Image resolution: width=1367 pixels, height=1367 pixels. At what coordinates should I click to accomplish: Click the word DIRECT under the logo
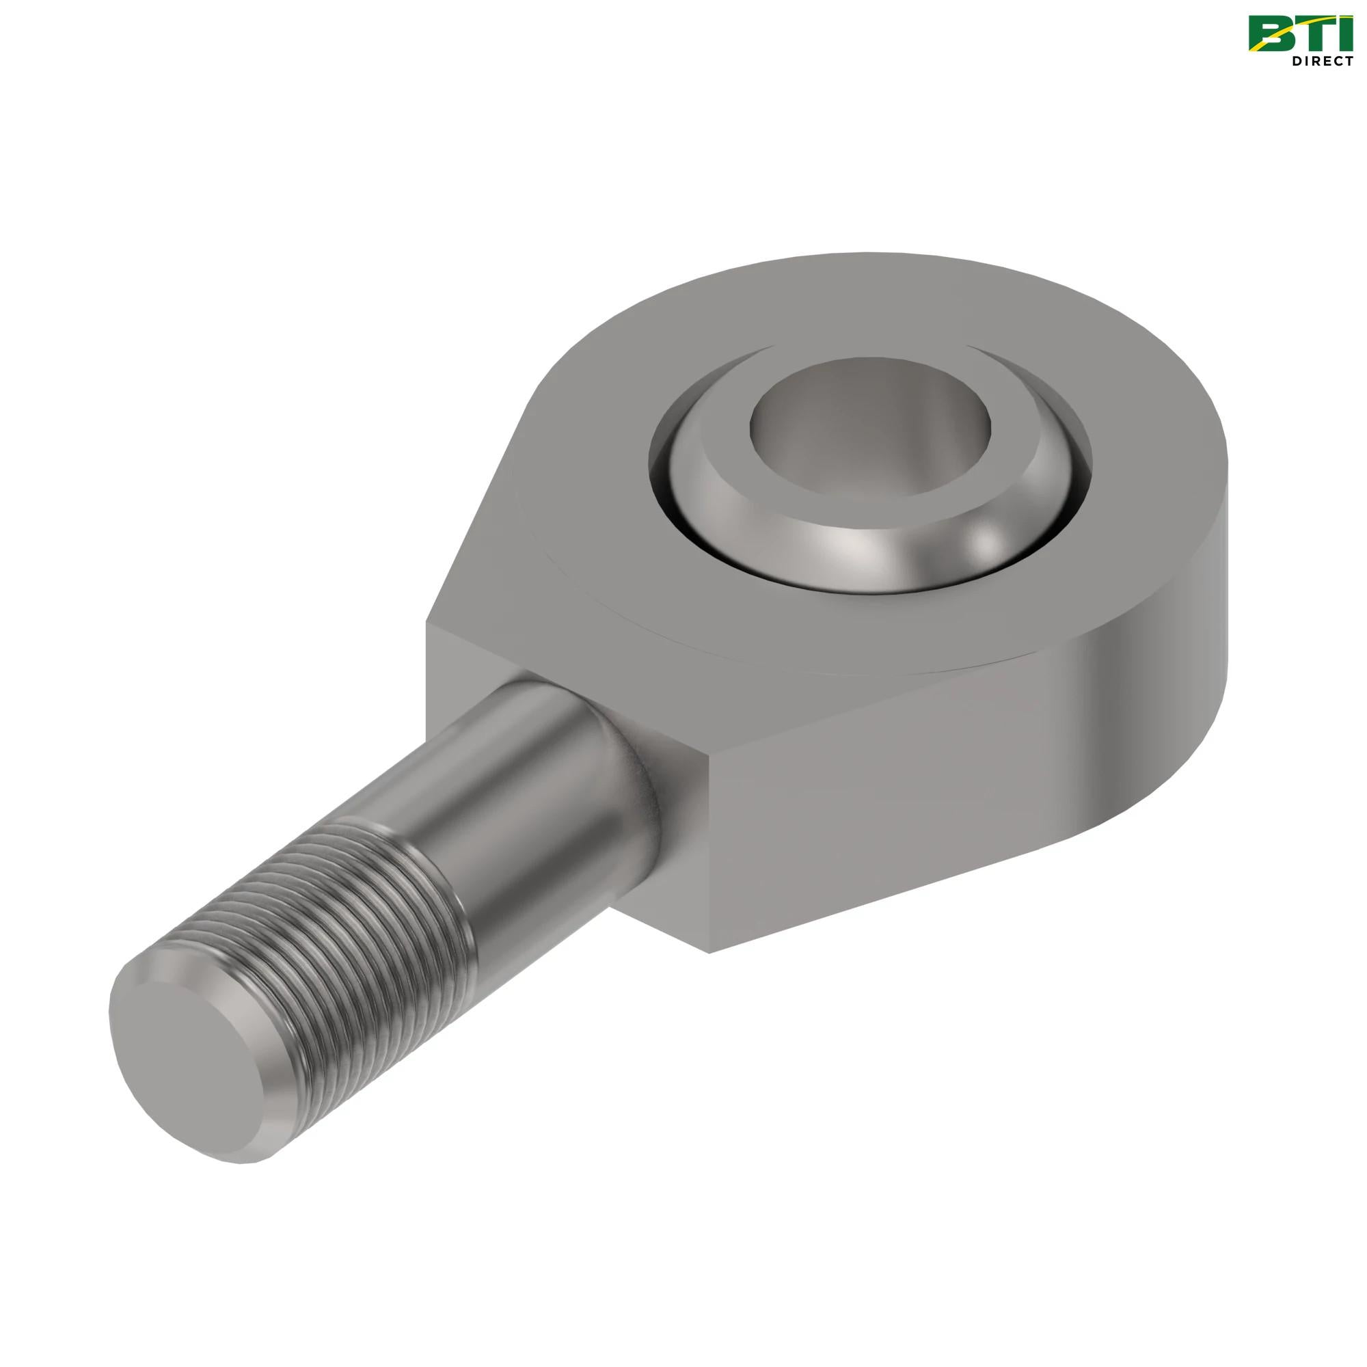tap(1322, 62)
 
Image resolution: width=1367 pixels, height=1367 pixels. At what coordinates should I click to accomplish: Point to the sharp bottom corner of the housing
tap(709, 950)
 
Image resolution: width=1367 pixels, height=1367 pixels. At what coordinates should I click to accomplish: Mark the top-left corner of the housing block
tap(427, 623)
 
